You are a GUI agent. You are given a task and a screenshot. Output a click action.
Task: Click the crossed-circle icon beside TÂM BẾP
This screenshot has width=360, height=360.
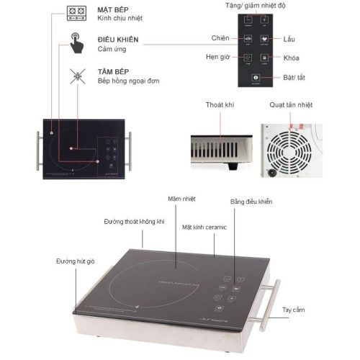click(x=76, y=76)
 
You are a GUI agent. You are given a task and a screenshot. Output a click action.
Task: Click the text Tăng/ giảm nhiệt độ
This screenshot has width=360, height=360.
click(x=256, y=4)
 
